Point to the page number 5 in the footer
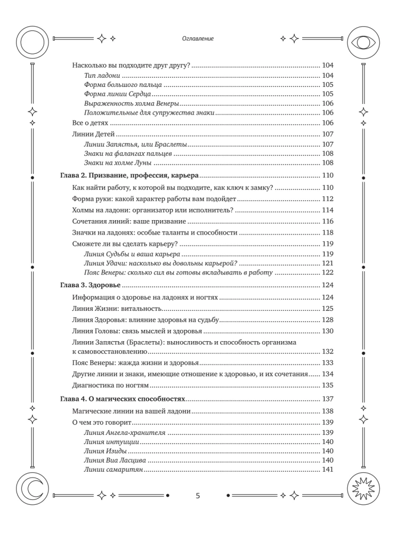198,496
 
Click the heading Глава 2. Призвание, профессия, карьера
128,175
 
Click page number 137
328,399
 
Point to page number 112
328,199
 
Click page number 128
328,320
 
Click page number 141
328,469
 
